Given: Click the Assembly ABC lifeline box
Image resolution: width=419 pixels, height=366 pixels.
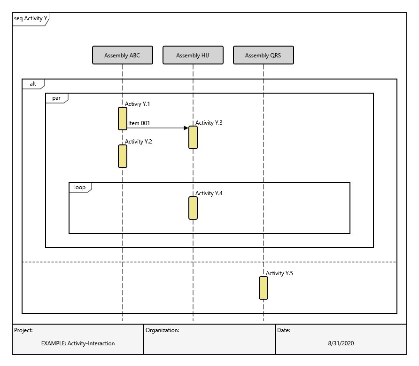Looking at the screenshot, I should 122,55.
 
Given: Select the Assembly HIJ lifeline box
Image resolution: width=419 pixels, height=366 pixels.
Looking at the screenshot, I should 193,55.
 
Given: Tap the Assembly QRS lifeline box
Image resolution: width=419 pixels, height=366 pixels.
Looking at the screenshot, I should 263,55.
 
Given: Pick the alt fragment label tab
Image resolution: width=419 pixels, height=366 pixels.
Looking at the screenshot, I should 33,84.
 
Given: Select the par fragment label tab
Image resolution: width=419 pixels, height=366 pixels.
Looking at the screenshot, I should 56,98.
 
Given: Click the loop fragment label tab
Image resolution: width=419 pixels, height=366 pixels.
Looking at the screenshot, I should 80,187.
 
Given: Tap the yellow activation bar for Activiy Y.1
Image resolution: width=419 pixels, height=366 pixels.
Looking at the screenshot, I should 122,118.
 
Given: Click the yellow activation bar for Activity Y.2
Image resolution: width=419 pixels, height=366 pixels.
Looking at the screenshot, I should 122,156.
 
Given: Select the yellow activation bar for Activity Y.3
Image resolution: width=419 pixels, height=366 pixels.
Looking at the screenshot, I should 193,137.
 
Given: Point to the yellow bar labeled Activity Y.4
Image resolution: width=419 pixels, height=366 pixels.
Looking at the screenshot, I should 193,207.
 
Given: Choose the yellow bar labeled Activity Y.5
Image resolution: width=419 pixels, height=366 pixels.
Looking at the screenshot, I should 263,287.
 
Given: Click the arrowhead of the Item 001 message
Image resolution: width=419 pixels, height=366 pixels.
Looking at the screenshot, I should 186,127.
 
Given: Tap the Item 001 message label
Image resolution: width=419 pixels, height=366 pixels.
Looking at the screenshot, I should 139,123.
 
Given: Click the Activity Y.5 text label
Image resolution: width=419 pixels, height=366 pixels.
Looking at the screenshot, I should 279,273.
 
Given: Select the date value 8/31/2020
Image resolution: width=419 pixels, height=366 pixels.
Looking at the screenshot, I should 341,343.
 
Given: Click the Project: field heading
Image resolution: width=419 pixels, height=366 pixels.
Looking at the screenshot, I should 23,330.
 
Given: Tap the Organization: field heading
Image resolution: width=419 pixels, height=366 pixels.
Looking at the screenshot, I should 162,330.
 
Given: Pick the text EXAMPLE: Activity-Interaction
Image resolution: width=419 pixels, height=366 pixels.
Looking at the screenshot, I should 78,343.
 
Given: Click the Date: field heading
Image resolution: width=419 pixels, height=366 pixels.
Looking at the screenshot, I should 284,330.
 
